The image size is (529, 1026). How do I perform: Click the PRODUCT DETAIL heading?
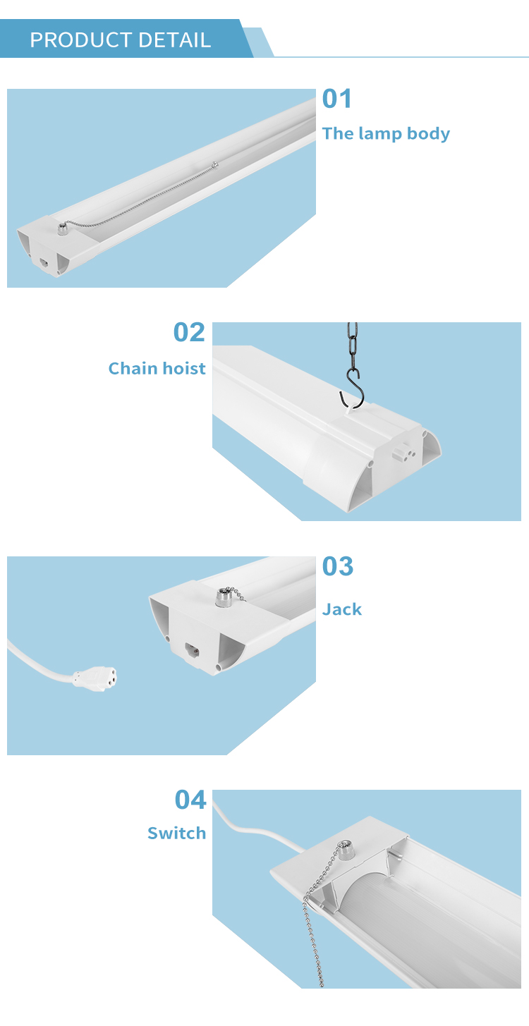tap(120, 40)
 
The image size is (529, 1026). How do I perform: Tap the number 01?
tap(336, 99)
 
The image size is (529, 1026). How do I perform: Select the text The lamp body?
tap(386, 133)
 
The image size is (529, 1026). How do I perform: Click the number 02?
tap(189, 332)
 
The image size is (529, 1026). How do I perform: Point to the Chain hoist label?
tap(157, 368)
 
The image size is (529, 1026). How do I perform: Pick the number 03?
tap(338, 566)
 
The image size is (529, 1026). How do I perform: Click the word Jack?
tap(341, 609)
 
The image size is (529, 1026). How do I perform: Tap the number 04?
tap(190, 800)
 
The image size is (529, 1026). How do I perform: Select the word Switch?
tap(176, 833)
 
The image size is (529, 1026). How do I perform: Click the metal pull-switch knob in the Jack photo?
tap(223, 598)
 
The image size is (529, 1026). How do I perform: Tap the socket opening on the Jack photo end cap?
tap(192, 650)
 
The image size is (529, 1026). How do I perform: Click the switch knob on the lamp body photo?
tap(62, 228)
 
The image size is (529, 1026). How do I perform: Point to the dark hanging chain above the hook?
tap(352, 347)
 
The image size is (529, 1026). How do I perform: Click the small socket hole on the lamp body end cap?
tap(44, 263)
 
